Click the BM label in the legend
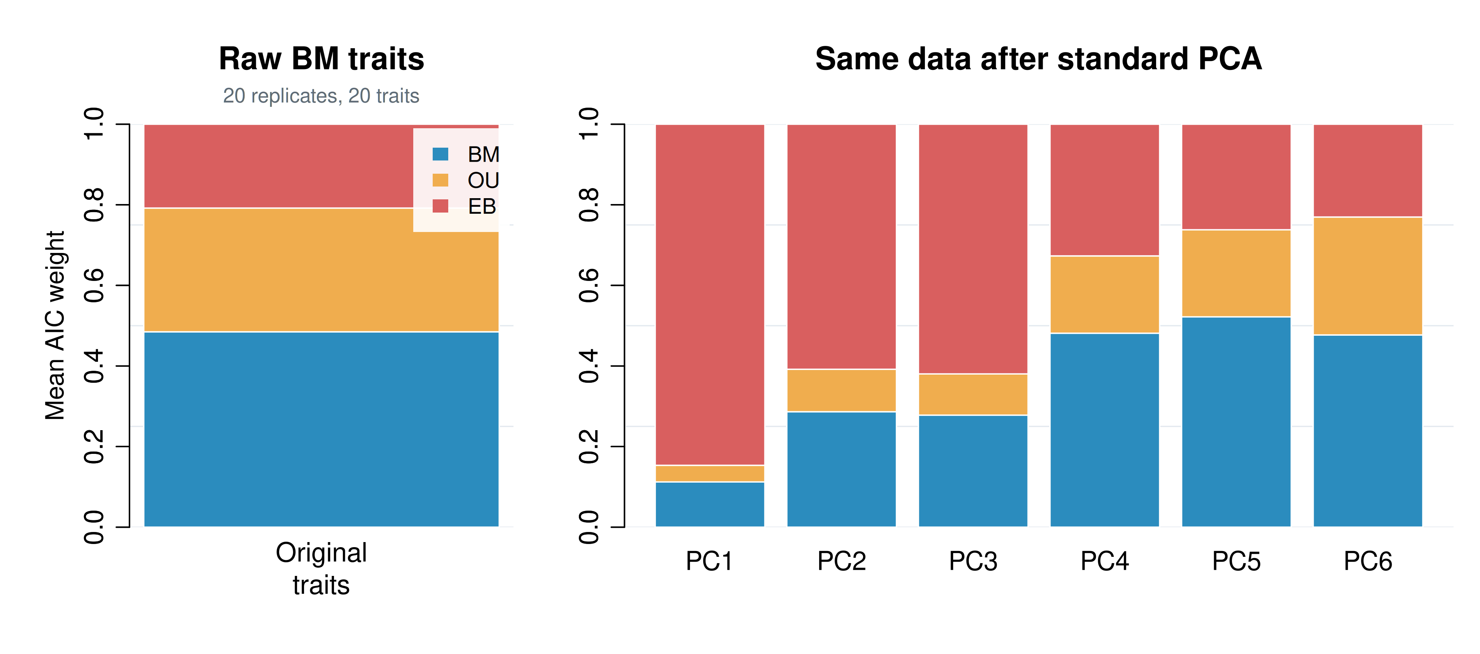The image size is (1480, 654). pyautogui.click(x=483, y=154)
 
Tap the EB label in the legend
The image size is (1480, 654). pyautogui.click(x=481, y=206)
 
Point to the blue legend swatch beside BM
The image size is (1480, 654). pyautogui.click(x=440, y=154)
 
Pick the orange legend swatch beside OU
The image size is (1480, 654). pyautogui.click(x=440, y=180)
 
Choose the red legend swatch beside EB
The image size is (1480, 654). pyautogui.click(x=440, y=206)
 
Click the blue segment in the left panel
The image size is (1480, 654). pyautogui.click(x=321, y=429)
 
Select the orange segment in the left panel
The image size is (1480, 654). pyautogui.click(x=321, y=270)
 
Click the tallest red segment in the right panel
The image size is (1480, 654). pyautogui.click(x=709, y=294)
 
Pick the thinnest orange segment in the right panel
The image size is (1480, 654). pyautogui.click(x=709, y=474)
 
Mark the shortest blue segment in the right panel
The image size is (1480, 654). pyautogui.click(x=709, y=504)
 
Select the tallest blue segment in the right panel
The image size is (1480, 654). pyautogui.click(x=1236, y=422)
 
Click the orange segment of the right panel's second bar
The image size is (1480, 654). pyautogui.click(x=841, y=391)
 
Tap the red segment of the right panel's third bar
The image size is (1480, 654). pyautogui.click(x=973, y=249)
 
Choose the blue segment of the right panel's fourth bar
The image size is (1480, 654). pyautogui.click(x=1104, y=429)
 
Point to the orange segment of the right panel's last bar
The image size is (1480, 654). pyautogui.click(x=1367, y=276)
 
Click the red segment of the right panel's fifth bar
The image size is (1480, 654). pyautogui.click(x=1236, y=177)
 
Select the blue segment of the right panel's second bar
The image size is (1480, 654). pyautogui.click(x=841, y=469)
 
